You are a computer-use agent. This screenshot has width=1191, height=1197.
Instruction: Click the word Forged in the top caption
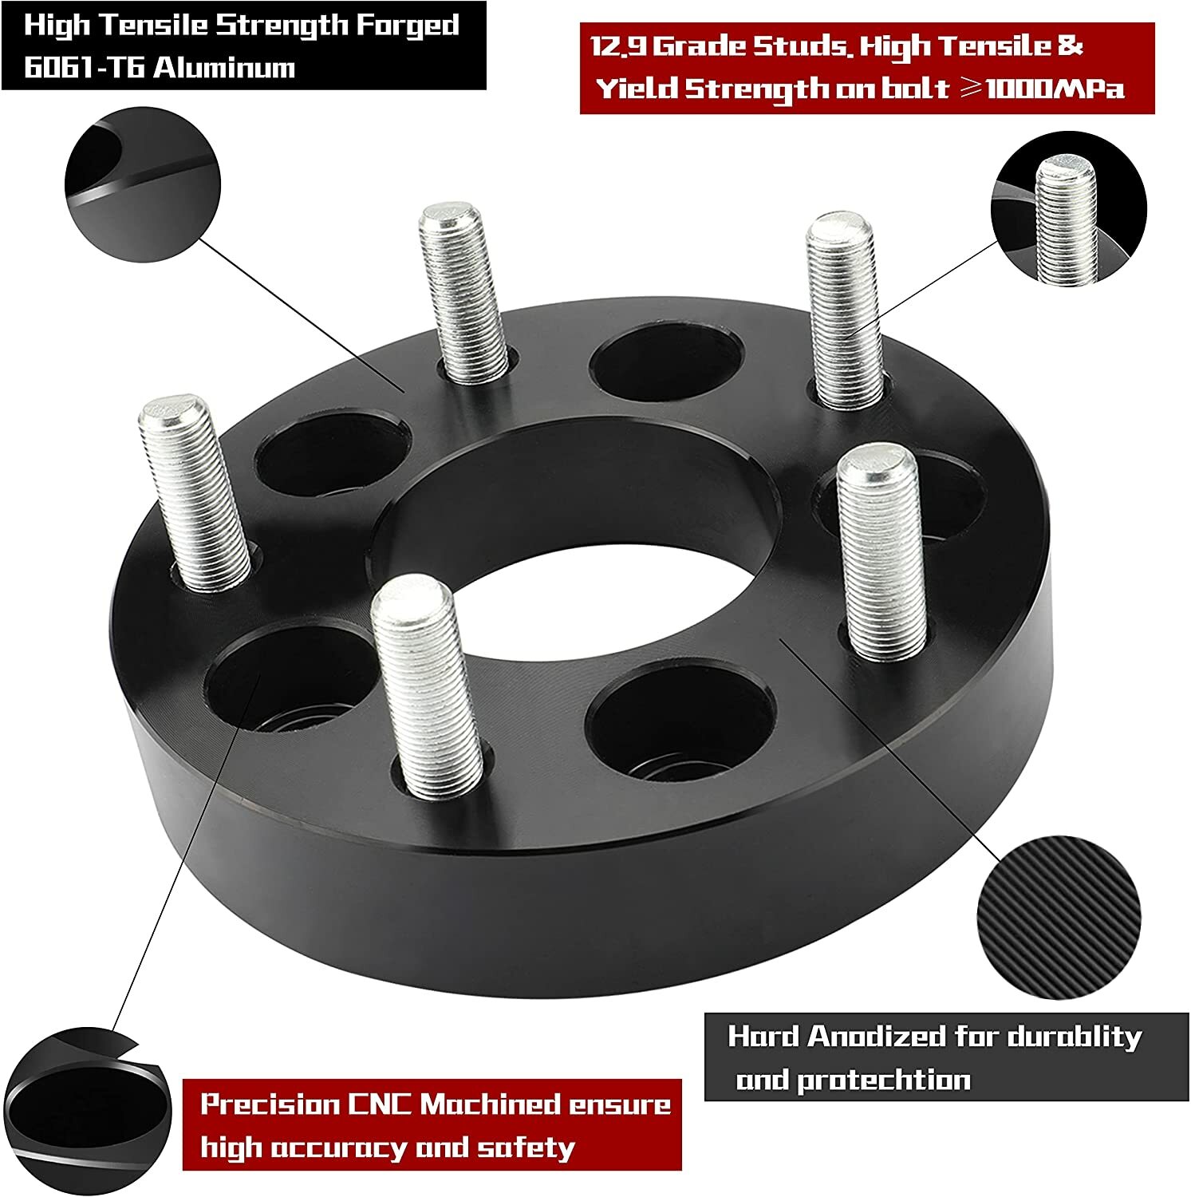coord(407,26)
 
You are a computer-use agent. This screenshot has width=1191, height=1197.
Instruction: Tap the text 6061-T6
coord(82,67)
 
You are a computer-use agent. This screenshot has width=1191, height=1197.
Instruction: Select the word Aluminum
coord(224,67)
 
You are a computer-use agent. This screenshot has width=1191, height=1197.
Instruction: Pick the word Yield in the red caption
coord(637,89)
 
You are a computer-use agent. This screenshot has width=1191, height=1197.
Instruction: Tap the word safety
coord(526,1148)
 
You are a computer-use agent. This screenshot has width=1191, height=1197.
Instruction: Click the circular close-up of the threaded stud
coord(1068,208)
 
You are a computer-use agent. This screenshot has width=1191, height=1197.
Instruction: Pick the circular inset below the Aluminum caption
coord(141,187)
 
